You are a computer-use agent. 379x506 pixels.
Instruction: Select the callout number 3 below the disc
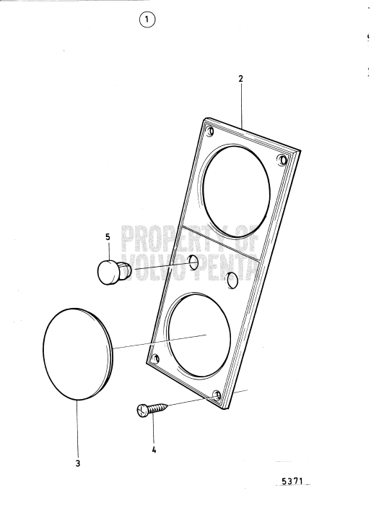[x=77, y=464]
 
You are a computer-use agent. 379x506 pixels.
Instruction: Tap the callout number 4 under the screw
[x=153, y=449]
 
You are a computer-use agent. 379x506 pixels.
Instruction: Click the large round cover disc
[x=77, y=353]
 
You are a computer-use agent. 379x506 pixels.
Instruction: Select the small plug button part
[x=112, y=272]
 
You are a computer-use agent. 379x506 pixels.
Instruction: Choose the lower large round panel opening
[x=199, y=333]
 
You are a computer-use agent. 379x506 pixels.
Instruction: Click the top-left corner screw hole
[x=209, y=132]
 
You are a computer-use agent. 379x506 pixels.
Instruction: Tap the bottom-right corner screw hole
[x=217, y=394]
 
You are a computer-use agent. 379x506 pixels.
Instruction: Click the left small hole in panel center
[x=193, y=262]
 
